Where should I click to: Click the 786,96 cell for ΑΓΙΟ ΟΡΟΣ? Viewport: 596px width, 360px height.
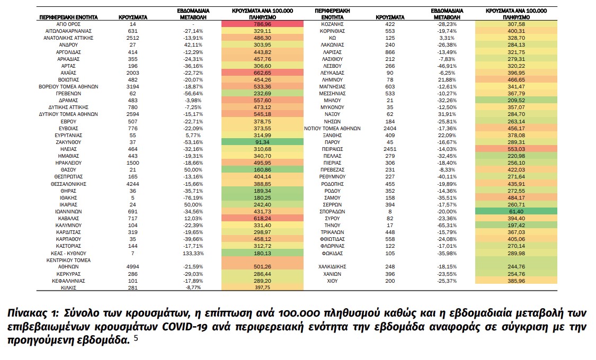[x=262, y=24]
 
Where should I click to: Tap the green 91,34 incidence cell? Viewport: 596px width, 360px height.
[x=262, y=142]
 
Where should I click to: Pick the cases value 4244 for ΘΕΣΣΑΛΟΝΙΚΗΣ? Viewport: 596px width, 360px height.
[x=133, y=184]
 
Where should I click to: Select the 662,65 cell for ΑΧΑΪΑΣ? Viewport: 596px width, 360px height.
[x=262, y=72]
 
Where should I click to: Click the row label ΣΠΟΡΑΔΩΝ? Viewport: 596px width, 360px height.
[x=333, y=211]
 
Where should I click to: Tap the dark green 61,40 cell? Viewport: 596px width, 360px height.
[x=515, y=211]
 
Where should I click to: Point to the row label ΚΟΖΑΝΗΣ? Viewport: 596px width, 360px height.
[x=333, y=24]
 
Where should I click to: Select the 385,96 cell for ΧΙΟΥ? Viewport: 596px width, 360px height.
[x=515, y=281]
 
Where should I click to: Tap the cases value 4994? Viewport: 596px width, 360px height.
[x=133, y=267]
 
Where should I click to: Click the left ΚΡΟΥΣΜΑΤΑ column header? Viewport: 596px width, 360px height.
[x=133, y=17]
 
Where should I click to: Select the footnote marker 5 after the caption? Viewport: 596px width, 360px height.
[x=136, y=339]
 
